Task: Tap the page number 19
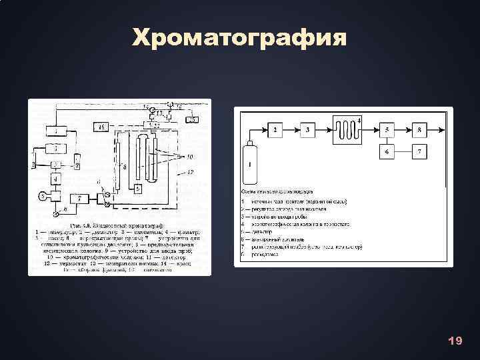pos(455,341)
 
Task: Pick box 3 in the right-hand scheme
pos(309,130)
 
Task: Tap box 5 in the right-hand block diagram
pos(389,130)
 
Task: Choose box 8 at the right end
pos(420,130)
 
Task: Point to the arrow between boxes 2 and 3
pos(293,130)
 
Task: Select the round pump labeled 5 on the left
pos(43,195)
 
